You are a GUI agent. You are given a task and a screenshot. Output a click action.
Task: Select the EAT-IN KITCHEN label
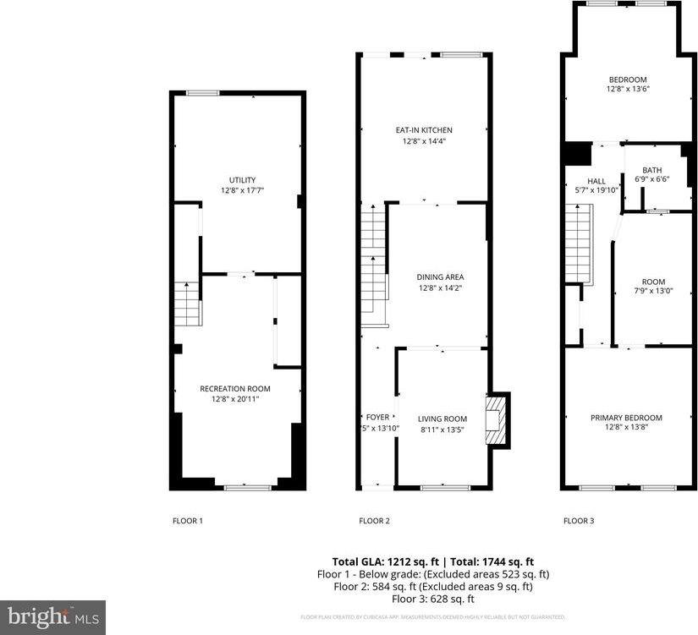coord(424,130)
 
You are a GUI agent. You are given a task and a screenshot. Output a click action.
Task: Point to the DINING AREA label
coord(440,276)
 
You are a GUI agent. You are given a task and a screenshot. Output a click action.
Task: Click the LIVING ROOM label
coord(442,418)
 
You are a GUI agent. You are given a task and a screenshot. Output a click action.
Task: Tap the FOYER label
coord(377,417)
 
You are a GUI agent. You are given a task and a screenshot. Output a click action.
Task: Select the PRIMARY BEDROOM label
coord(626,418)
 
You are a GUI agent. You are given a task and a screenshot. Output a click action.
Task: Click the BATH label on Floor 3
coord(651,170)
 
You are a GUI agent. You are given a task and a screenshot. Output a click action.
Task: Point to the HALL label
coord(596,181)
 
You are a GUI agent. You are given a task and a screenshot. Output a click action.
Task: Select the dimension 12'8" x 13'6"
coord(627,89)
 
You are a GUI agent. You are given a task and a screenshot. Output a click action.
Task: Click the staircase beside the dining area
coord(373,266)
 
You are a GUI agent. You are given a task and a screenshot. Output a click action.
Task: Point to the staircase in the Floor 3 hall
coord(577,246)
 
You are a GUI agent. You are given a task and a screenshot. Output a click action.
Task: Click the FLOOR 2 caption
coord(374,521)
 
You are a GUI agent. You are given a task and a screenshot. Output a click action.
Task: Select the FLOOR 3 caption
coord(579,521)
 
